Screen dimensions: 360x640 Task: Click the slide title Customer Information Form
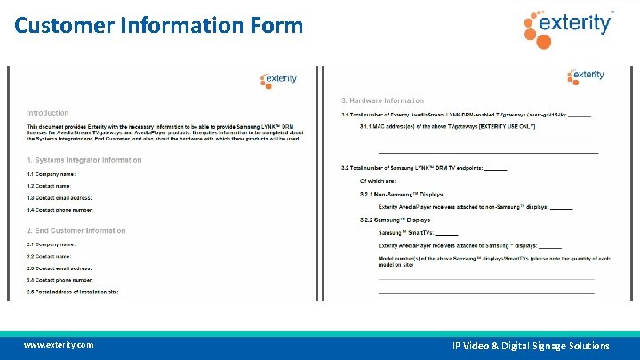[x=159, y=25]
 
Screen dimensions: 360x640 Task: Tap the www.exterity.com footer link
[x=59, y=345]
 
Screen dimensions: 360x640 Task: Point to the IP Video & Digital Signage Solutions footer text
[x=531, y=346]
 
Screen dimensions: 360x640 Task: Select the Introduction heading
[x=47, y=113]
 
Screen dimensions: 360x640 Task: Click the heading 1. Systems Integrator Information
[x=84, y=160]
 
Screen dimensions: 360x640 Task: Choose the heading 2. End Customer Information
[x=76, y=231]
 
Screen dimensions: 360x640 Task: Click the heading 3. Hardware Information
[x=382, y=100]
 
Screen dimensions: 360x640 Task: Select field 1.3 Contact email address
[x=60, y=197]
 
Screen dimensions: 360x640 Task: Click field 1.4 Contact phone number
[x=60, y=209]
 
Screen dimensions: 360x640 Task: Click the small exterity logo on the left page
[x=279, y=79]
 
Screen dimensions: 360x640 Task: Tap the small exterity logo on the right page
[x=586, y=76]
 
